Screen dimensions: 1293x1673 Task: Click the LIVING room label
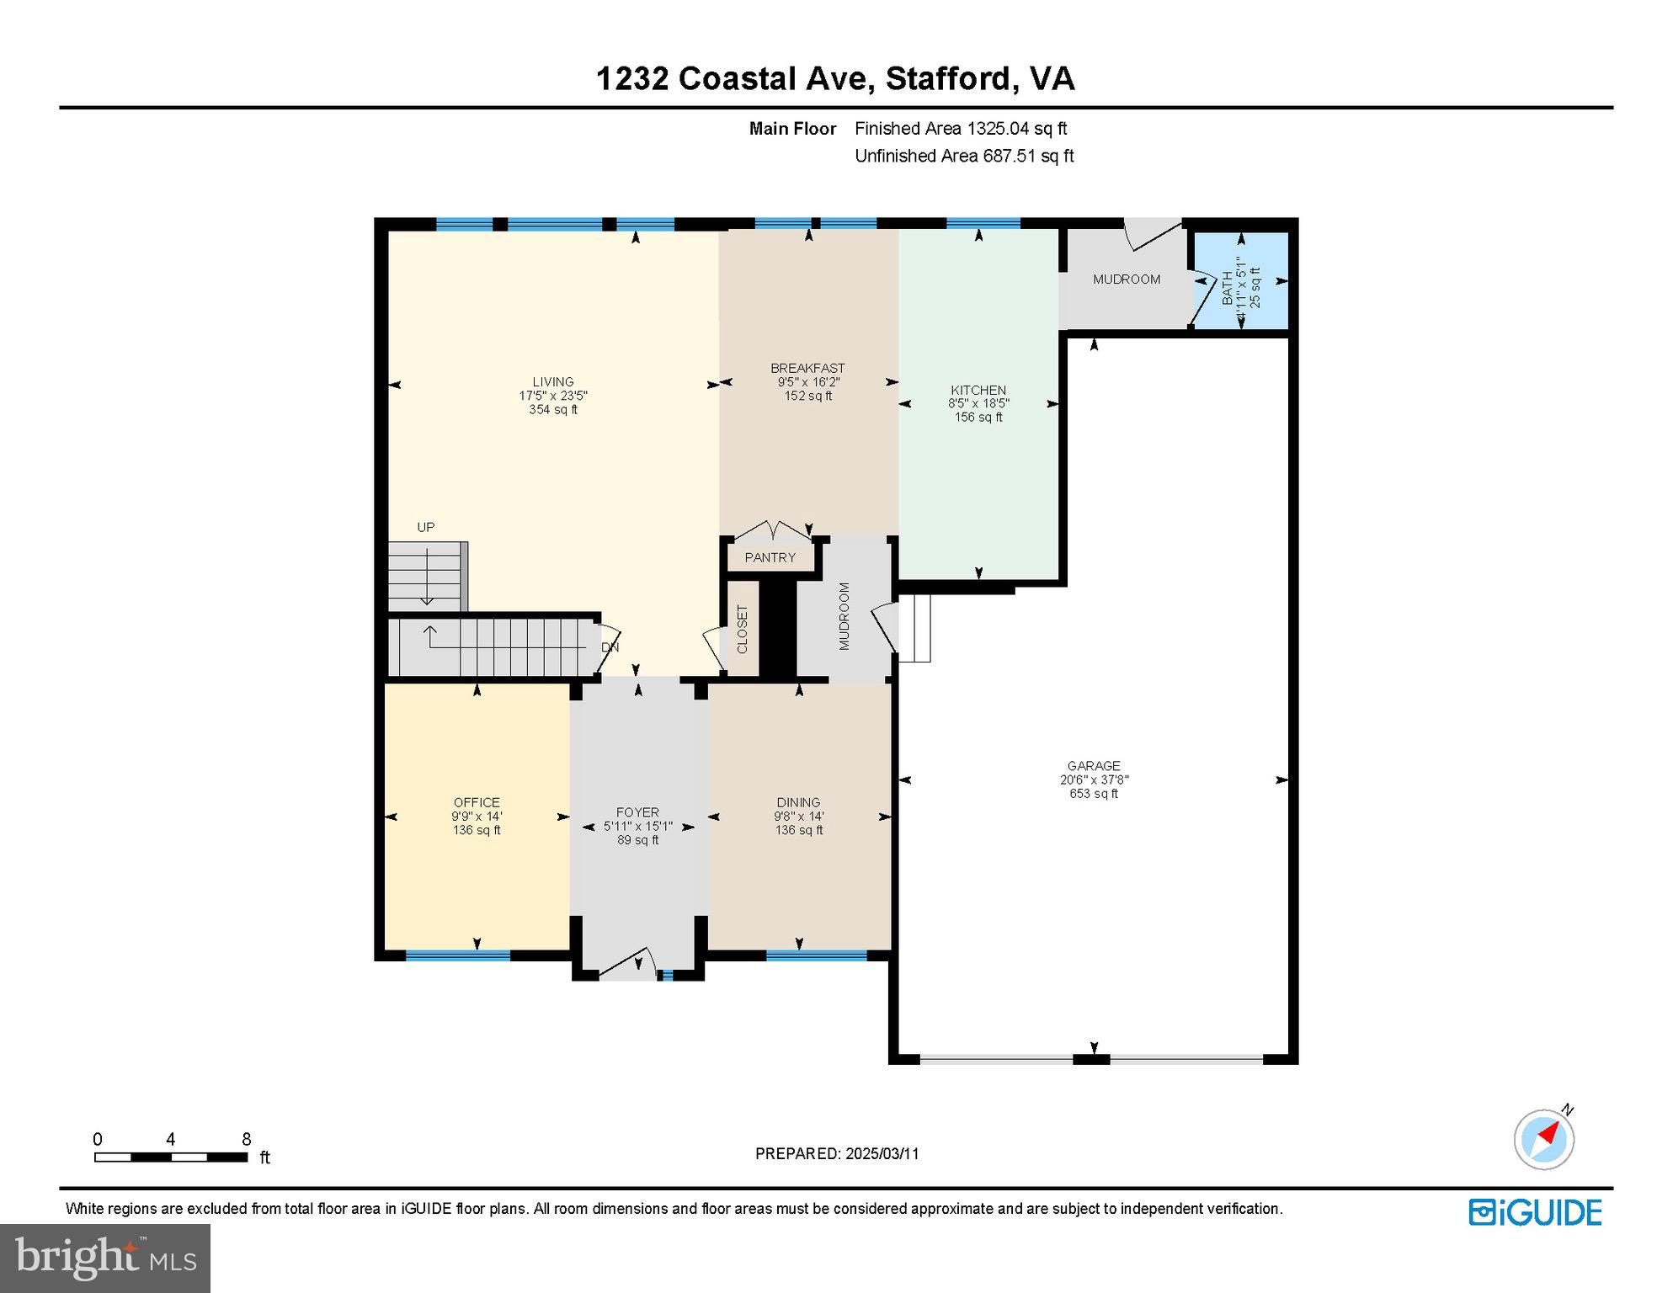coord(552,381)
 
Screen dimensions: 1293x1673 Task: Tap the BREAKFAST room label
coord(807,368)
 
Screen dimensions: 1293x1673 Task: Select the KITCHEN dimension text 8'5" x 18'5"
coord(978,403)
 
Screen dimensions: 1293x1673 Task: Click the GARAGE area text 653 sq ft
coord(1094,793)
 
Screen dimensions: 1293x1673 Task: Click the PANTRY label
coord(770,557)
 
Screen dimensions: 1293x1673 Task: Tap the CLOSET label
coord(742,629)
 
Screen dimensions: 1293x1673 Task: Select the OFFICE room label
coord(477,802)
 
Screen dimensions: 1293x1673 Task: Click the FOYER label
coord(637,812)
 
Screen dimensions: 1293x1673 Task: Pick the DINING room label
coord(798,802)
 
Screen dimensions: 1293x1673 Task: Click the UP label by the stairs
coord(426,527)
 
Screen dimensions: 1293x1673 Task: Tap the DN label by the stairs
coord(610,647)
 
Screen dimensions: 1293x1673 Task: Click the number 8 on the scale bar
coord(247,1139)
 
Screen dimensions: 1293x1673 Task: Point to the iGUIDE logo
coord(1535,1212)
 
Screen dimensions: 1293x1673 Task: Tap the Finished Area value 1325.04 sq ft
coord(1016,128)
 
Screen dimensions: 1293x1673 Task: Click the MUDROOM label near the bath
coord(1127,279)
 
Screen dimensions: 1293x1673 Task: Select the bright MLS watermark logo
coord(105,1258)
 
